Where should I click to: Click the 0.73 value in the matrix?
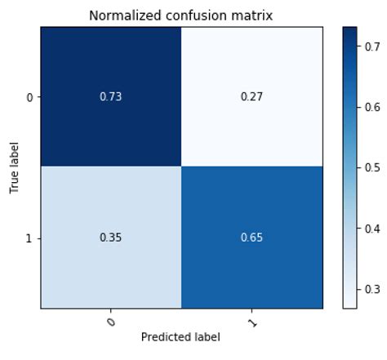[110, 97]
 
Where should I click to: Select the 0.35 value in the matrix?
[110, 238]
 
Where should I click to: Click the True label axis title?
[14, 167]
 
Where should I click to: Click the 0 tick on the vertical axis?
[29, 97]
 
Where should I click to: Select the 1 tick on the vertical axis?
[29, 238]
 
